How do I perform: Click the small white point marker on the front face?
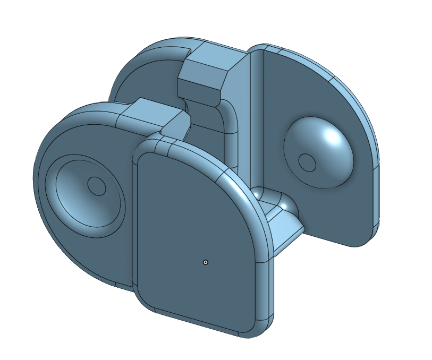point(206,262)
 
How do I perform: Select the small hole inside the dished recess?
point(96,186)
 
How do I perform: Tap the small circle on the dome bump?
point(306,161)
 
